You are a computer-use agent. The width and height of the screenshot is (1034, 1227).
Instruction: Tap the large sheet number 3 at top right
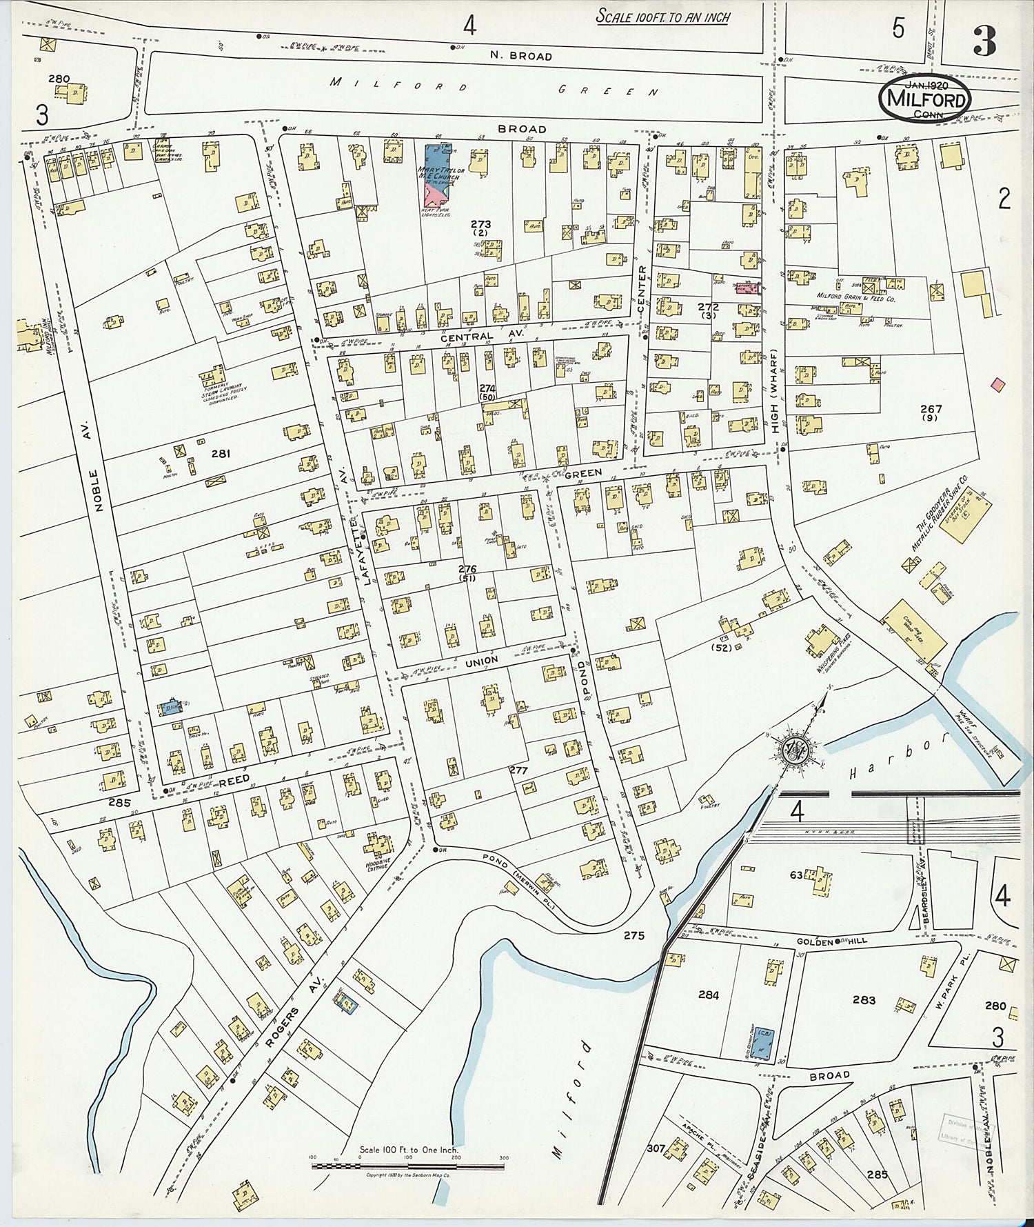click(x=984, y=43)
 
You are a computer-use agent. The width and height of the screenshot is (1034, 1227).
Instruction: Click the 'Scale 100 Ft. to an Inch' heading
click(x=662, y=17)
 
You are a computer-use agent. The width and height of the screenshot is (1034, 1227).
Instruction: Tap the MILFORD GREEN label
click(x=494, y=88)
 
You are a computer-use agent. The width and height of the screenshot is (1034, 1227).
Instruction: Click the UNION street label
click(x=481, y=661)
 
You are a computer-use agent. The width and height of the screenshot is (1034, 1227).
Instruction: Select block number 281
click(x=220, y=454)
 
